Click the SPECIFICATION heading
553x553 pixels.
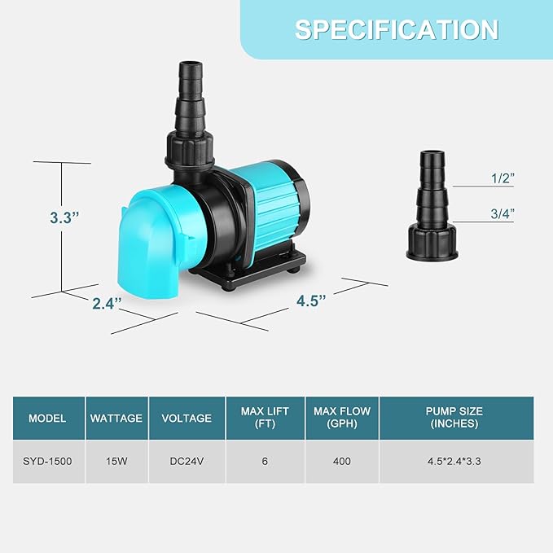point(397,30)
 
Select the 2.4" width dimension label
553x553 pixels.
point(107,304)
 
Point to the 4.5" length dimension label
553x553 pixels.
point(311,300)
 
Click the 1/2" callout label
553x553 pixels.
point(502,178)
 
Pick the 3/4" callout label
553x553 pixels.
point(502,213)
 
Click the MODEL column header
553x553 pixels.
point(47,418)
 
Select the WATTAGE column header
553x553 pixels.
point(116,418)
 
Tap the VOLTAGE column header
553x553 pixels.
point(187,418)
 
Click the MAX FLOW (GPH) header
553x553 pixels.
point(341,418)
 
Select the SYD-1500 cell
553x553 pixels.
point(47,462)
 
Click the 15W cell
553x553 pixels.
point(116,462)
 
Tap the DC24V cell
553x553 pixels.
point(187,462)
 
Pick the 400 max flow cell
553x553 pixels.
point(341,462)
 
